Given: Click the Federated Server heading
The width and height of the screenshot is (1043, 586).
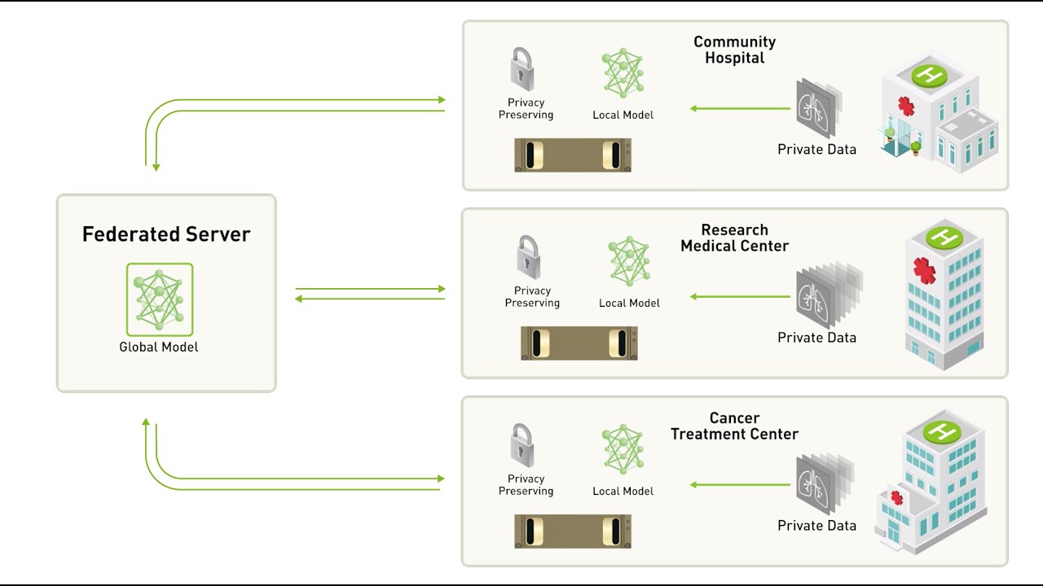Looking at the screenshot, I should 166,234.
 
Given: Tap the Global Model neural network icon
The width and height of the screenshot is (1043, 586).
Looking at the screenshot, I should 160,299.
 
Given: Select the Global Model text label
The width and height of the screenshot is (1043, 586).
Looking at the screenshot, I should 159,347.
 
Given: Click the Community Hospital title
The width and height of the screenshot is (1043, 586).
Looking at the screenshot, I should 734,50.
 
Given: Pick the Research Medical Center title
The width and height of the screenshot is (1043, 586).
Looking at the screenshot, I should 734,238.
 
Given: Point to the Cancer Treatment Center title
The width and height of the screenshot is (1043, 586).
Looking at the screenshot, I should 734,426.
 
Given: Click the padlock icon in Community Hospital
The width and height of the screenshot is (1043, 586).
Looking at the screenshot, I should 522,69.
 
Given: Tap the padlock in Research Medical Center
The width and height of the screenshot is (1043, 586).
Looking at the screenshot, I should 529,257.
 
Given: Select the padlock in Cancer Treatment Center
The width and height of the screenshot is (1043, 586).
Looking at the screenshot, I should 522,445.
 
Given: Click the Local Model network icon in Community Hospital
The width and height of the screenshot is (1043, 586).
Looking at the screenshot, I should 623,73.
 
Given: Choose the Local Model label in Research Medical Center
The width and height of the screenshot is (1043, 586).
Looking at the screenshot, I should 629,303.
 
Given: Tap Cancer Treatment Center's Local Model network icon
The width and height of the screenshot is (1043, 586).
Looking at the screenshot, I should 623,448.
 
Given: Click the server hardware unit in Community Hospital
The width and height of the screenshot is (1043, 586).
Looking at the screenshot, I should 573,155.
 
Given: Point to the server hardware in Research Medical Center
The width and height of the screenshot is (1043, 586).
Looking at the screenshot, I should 579,343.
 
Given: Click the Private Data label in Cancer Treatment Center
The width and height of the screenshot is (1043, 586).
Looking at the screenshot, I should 816,526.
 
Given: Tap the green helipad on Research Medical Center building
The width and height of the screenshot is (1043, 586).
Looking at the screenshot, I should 944,238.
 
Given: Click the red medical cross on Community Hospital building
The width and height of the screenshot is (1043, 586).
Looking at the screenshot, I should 906,107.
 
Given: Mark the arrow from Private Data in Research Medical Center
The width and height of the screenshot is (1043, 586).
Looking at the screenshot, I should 740,296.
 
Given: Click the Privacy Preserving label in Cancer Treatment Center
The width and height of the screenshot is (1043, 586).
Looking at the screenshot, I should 526,485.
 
